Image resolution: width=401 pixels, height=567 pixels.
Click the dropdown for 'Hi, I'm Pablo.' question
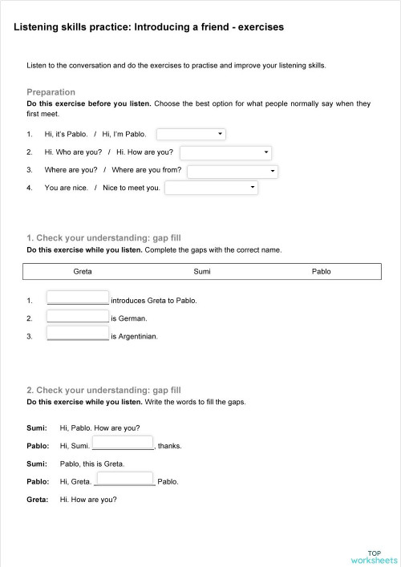[x=191, y=134]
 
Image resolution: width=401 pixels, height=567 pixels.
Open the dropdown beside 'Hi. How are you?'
[x=226, y=152]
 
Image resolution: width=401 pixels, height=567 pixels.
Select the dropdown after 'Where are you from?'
[x=233, y=171]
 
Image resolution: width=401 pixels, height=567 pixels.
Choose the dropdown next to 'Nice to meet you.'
[x=211, y=188]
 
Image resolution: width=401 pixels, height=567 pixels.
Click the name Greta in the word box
[x=83, y=272]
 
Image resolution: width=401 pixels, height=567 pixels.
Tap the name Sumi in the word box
[x=202, y=272]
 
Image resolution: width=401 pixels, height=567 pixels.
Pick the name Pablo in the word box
[x=321, y=272]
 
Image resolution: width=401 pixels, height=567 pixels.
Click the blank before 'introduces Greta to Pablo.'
[x=78, y=298]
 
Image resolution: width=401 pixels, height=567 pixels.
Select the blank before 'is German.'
[x=78, y=315]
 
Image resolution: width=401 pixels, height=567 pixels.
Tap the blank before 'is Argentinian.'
[x=78, y=333]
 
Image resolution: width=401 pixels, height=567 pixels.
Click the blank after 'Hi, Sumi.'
[x=123, y=443]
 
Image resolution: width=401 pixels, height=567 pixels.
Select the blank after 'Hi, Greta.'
[x=124, y=479]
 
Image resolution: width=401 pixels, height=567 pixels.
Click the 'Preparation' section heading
[x=51, y=92]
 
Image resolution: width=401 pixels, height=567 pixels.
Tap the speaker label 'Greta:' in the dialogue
[x=37, y=500]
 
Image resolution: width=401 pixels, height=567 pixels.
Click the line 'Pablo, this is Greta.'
[x=91, y=464]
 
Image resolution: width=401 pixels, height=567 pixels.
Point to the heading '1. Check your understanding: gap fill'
[x=103, y=238]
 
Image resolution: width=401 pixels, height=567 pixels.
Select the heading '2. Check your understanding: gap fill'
[x=103, y=390]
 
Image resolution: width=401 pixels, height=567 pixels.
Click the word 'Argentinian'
[x=137, y=336]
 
